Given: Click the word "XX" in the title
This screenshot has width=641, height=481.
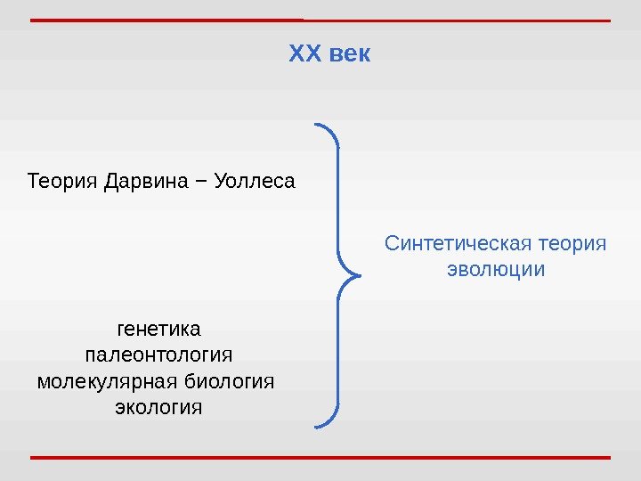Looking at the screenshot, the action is click(304, 55).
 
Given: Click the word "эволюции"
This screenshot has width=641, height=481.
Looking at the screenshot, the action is click(495, 269).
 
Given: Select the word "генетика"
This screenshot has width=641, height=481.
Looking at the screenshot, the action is click(158, 330).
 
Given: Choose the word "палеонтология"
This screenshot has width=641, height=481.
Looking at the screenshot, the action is click(158, 355).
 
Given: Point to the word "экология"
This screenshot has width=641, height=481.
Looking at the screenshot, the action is click(158, 408).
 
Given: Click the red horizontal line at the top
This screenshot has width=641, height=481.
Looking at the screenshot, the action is click(320, 20).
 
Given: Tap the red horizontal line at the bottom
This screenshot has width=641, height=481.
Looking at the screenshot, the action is click(320, 458).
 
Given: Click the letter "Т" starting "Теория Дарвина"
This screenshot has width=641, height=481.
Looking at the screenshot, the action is click(33, 183).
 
